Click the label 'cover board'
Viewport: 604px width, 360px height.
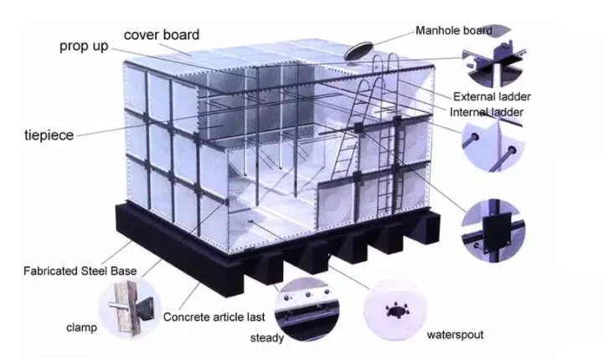[x=162, y=34]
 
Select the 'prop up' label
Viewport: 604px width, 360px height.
[x=84, y=47]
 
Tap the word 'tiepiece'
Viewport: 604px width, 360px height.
[x=49, y=135]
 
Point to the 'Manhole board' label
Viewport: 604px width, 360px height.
[x=454, y=30]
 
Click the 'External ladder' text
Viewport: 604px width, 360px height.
[x=492, y=96]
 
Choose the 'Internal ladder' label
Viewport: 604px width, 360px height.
[x=487, y=112]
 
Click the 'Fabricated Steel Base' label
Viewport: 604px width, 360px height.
[x=80, y=271]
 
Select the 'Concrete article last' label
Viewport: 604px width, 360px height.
[x=214, y=317]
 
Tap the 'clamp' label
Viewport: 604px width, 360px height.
[x=81, y=327]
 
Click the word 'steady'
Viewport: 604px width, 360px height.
[x=267, y=338]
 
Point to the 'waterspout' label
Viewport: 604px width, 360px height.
[x=455, y=335]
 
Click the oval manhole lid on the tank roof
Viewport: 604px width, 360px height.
[x=359, y=51]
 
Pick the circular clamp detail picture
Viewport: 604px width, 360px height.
[x=130, y=308]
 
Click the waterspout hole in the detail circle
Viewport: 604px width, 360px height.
[x=396, y=310]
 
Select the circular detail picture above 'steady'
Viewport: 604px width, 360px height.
[x=307, y=309]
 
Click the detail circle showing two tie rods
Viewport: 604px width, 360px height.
[x=493, y=145]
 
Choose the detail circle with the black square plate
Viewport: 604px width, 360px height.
[x=493, y=230]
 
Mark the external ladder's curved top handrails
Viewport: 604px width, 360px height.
[x=386, y=61]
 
